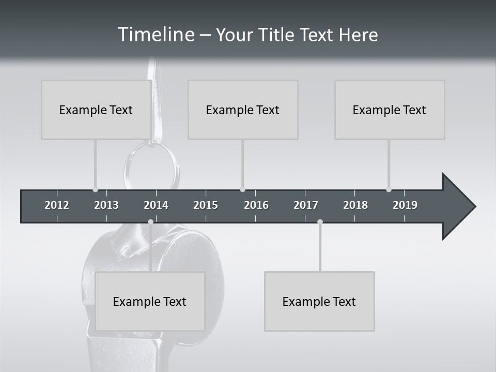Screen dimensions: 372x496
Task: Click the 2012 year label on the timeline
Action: click(x=57, y=205)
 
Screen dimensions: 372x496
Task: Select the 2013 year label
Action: click(x=106, y=205)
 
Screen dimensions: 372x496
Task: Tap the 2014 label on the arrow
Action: click(x=156, y=205)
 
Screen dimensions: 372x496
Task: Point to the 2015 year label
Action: click(x=206, y=205)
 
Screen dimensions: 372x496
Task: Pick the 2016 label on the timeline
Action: click(x=256, y=205)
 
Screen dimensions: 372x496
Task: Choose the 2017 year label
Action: click(x=306, y=205)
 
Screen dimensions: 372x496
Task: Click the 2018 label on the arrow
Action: click(x=355, y=205)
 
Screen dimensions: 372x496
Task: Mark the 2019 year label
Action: click(x=405, y=205)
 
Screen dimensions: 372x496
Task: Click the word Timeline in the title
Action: click(x=155, y=35)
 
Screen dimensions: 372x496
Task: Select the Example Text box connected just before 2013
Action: click(x=96, y=110)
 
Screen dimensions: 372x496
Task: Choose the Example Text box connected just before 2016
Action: click(x=243, y=110)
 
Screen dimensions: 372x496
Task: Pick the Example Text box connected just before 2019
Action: click(x=390, y=110)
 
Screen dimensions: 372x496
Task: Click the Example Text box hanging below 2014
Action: click(x=150, y=301)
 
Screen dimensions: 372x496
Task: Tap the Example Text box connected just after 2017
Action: click(x=319, y=301)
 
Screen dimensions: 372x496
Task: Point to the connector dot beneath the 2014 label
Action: click(x=150, y=222)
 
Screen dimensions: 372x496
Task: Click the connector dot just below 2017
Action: click(x=320, y=222)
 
